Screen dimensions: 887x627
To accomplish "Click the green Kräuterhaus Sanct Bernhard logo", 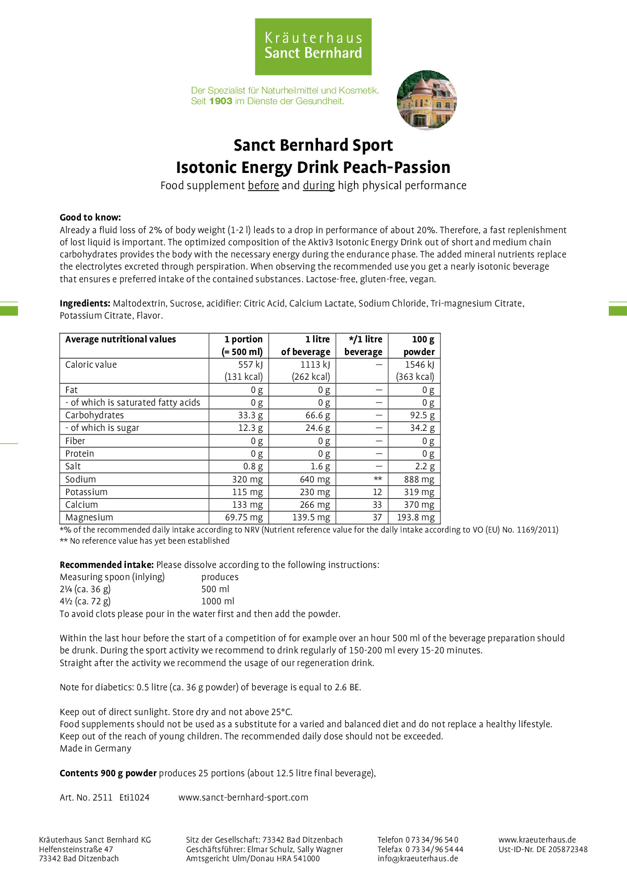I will pyautogui.click(x=313, y=47).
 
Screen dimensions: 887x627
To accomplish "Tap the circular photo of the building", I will pyautogui.click(x=426, y=100).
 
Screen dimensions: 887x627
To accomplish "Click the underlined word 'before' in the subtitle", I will pyautogui.click(x=263, y=186).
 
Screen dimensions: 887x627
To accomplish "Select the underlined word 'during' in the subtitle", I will pyautogui.click(x=319, y=186).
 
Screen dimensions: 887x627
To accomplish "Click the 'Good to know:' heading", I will pyautogui.click(x=90, y=217).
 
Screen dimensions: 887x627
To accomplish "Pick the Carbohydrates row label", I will pyautogui.click(x=95, y=415).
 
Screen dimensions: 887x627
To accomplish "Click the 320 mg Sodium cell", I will pyautogui.click(x=247, y=479).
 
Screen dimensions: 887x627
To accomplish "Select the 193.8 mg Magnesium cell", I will pyautogui.click(x=416, y=517).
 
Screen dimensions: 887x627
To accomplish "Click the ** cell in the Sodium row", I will pyautogui.click(x=377, y=479).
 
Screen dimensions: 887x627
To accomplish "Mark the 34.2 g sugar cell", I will pyautogui.click(x=422, y=428).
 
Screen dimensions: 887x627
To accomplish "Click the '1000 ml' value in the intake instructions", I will pyautogui.click(x=218, y=601).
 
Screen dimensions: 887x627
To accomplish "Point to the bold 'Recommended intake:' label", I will pyautogui.click(x=107, y=565).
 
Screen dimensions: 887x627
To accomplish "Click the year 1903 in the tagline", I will pyautogui.click(x=220, y=101).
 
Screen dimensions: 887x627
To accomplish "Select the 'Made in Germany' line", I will pyautogui.click(x=96, y=748).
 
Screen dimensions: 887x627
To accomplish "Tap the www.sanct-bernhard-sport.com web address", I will pyautogui.click(x=243, y=797).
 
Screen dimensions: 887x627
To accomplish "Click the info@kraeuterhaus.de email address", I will pyautogui.click(x=418, y=858).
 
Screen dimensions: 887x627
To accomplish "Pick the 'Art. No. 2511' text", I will pyautogui.click(x=86, y=797).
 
